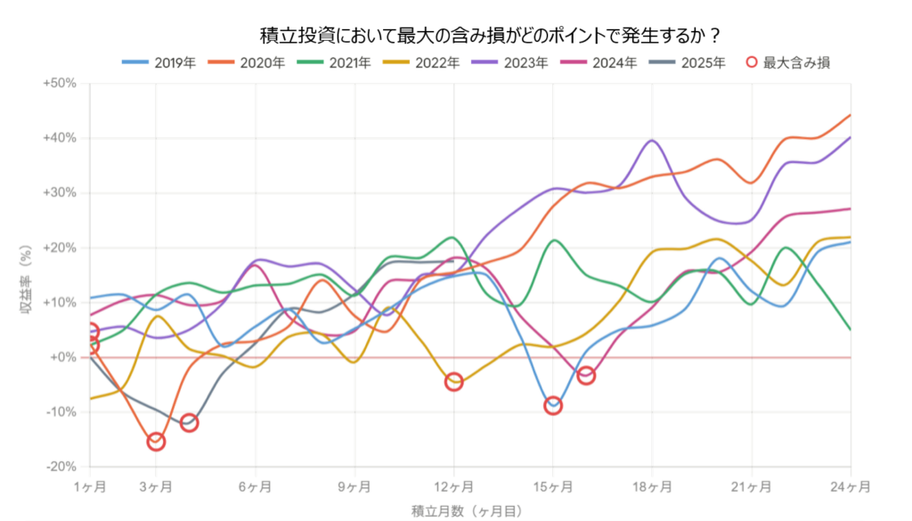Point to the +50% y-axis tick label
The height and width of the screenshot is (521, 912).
click(x=60, y=84)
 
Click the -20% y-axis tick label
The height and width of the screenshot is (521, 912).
click(x=61, y=467)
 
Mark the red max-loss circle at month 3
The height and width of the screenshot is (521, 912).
click(x=156, y=441)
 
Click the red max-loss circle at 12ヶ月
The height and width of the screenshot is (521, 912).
click(x=453, y=382)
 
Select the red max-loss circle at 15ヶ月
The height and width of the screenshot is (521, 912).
click(x=553, y=405)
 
